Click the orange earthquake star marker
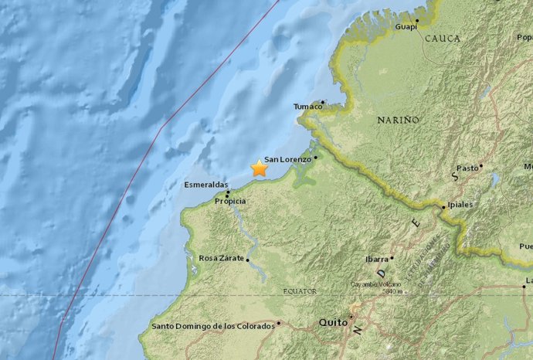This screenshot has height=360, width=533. (x=259, y=168)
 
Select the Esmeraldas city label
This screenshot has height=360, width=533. (x=206, y=185)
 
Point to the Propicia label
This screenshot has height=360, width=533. (x=230, y=201)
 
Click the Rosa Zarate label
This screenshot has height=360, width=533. (x=222, y=258)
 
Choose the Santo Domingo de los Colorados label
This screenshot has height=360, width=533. (x=213, y=326)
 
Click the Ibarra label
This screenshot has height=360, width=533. (x=376, y=259)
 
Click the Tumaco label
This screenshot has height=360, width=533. (x=307, y=106)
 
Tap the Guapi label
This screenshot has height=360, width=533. (x=406, y=26)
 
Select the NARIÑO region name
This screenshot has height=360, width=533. (x=398, y=120)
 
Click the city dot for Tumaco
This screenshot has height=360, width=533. (x=322, y=101)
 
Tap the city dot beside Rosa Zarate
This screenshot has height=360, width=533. (x=248, y=260)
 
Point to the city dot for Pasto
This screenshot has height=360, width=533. (x=480, y=165)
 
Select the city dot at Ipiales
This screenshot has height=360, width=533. (x=443, y=206)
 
